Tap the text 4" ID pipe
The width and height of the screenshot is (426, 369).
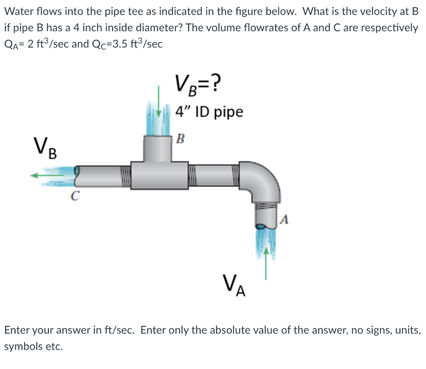(209, 112)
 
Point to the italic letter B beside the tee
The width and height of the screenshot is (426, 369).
(180, 138)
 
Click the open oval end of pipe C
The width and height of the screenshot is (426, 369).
(77, 172)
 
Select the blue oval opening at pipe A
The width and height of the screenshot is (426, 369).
(260, 227)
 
